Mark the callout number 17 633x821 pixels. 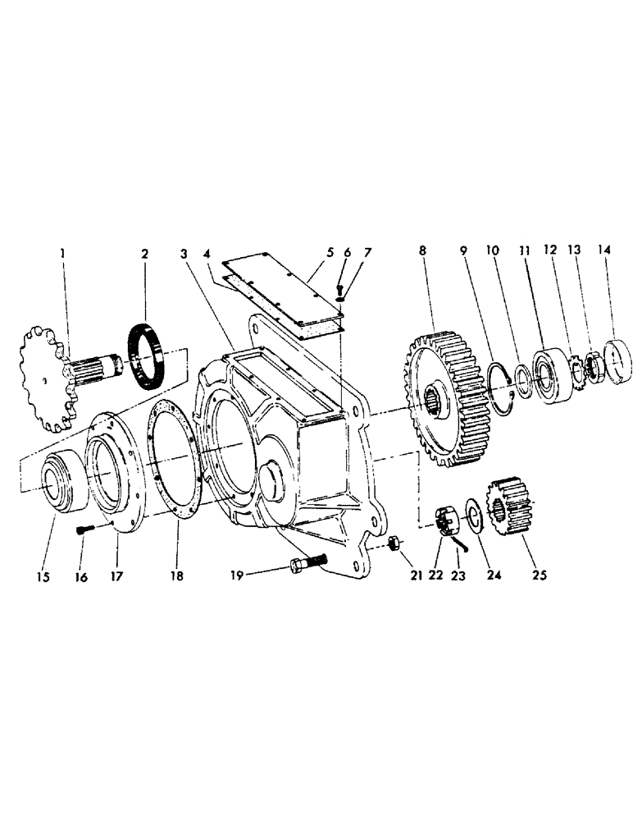(116, 577)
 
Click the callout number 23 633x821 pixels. (458, 577)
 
